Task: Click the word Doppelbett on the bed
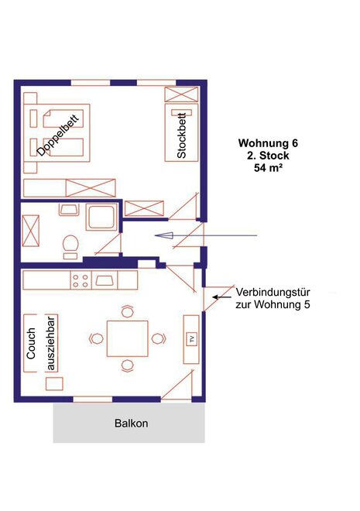[58, 135]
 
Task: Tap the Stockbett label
[181, 135]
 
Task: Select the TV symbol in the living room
[191, 339]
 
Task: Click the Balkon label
[132, 424]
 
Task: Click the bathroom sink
[69, 210]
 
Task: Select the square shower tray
[101, 216]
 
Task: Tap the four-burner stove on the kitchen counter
[81, 280]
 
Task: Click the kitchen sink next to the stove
[105, 280]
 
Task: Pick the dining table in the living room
[128, 338]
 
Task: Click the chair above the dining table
[128, 311]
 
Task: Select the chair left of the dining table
[97, 338]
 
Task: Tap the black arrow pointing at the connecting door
[222, 297]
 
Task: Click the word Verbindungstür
[273, 292]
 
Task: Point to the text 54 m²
[268, 167]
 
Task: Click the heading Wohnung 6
[268, 143]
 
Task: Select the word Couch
[31, 344]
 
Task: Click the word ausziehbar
[51, 344]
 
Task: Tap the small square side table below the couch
[54, 383]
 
